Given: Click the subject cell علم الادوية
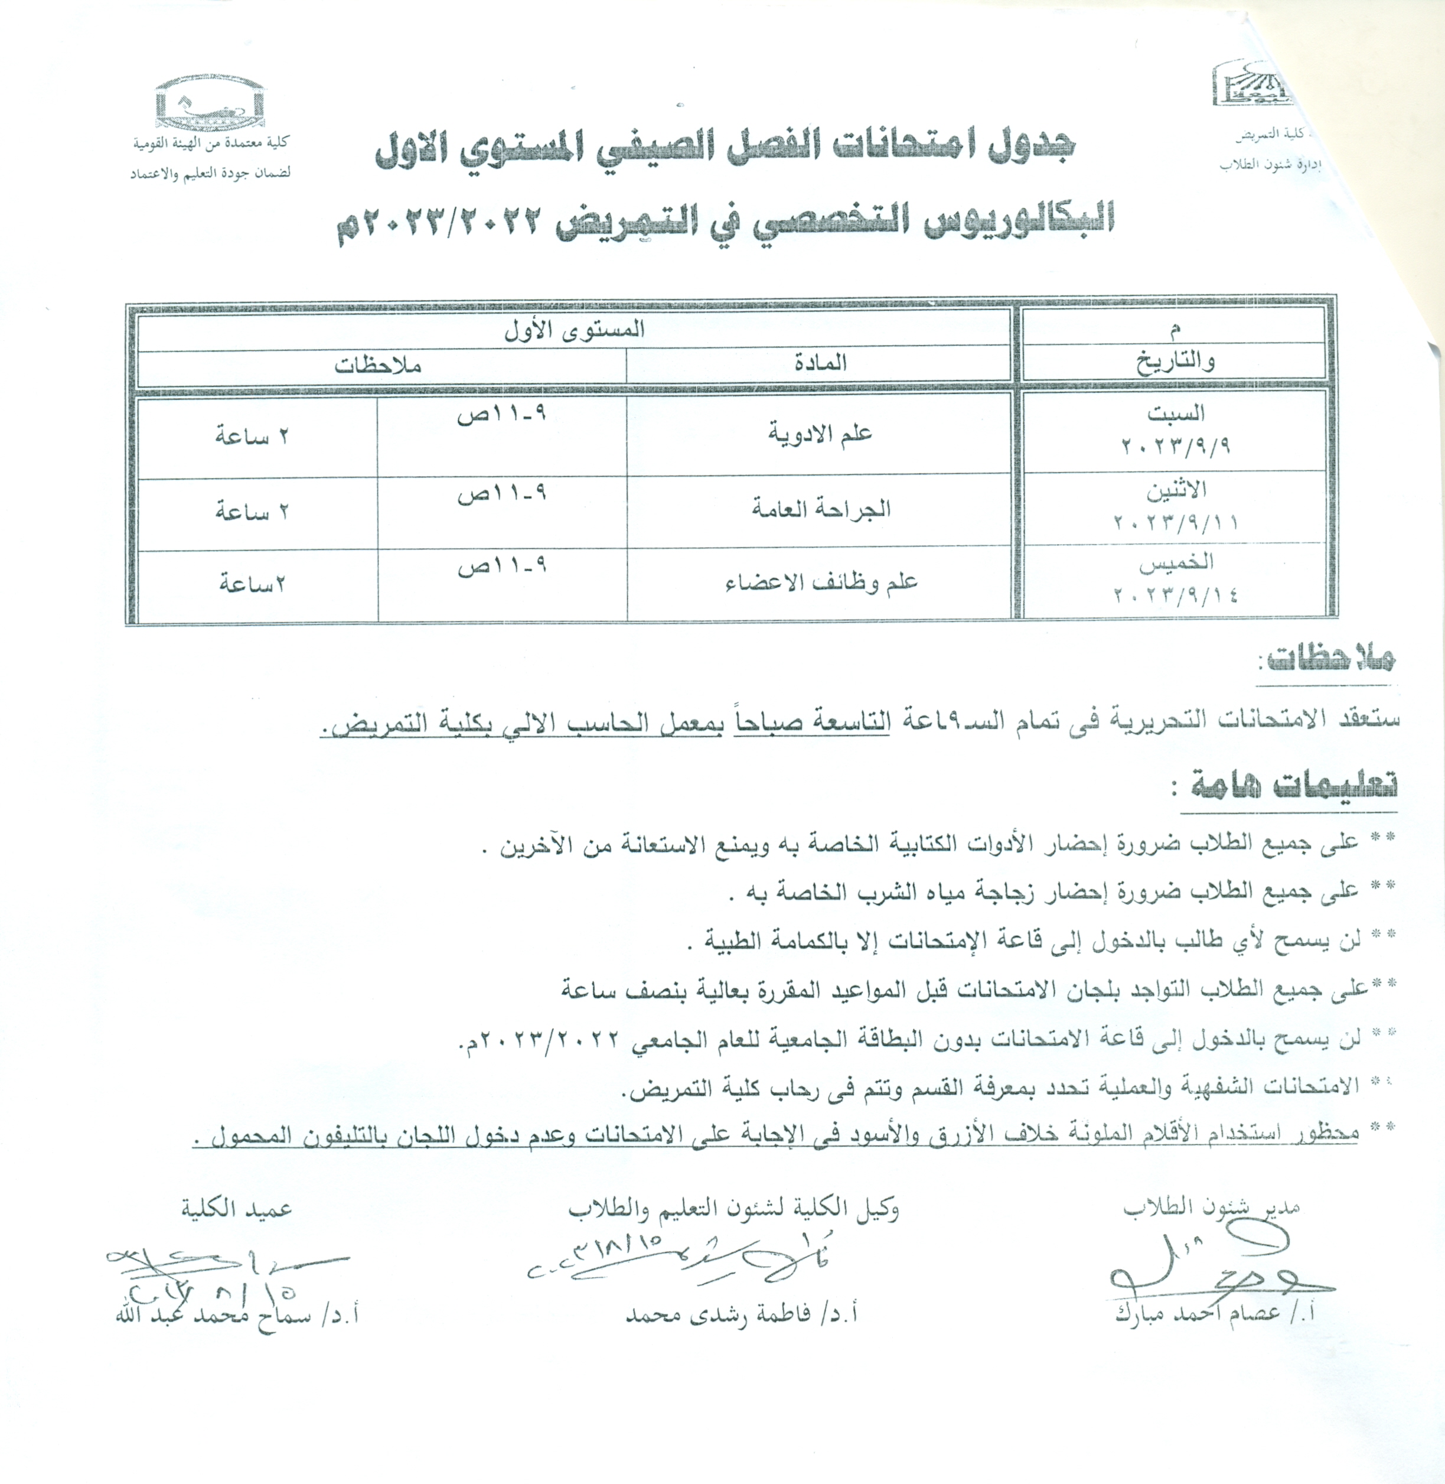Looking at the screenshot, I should click(820, 435).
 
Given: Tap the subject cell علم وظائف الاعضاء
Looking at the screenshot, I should click(821, 582).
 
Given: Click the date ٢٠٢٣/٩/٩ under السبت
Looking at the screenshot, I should click(1175, 445).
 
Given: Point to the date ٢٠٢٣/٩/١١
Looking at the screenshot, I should click(1175, 522).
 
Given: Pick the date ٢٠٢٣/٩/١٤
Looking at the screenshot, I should click(1175, 594).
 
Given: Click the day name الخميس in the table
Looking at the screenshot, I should click(1176, 563).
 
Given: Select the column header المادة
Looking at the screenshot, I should click(820, 363).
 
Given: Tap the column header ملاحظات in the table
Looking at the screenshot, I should click(378, 365).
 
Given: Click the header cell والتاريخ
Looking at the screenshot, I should click(1175, 362).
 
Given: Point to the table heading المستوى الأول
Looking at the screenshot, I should click(575, 331).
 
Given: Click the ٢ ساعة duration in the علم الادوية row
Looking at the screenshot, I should click(252, 437).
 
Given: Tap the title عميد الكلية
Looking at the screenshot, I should click(236, 1208).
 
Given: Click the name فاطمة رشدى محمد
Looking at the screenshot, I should click(742, 1314).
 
